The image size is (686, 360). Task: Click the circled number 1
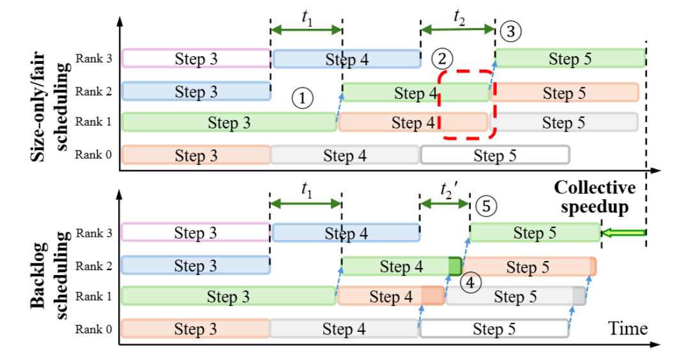coord(302,98)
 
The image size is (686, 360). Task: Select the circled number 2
coord(442,59)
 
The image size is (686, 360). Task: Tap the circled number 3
coord(510,31)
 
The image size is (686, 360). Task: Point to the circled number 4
coord(470,283)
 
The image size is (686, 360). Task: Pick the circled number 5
coord(486,206)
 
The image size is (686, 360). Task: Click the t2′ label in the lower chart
coord(449,191)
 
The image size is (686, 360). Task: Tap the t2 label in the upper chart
coord(459,18)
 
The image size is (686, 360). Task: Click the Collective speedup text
coord(595,197)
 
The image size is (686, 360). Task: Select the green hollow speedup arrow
coord(623,233)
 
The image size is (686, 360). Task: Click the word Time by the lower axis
coord(628,328)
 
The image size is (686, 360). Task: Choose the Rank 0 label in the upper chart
coord(93,154)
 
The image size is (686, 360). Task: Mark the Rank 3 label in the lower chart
coord(94,233)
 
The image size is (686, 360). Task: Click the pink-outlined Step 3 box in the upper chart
coord(197,59)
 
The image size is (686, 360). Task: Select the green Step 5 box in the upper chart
coord(570,58)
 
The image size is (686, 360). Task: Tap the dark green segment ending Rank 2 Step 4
coord(455,266)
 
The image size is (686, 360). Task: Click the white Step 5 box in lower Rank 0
coord(494,329)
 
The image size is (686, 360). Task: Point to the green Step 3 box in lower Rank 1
coord(229,296)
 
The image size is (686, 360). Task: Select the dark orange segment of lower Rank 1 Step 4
coord(432,296)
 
